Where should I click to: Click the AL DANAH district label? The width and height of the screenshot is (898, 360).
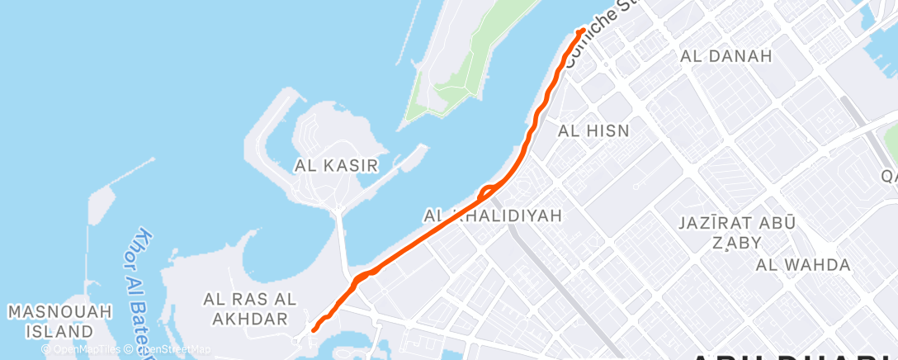pyautogui.click(x=725, y=56)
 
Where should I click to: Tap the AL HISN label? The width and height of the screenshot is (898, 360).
pyautogui.click(x=593, y=130)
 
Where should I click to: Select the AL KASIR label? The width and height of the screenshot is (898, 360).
pyautogui.click(x=336, y=166)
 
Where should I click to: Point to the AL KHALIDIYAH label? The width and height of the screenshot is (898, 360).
pyautogui.click(x=493, y=216)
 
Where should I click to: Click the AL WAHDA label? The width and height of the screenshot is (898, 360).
pyautogui.click(x=803, y=265)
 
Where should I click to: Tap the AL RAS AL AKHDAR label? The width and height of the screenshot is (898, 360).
pyautogui.click(x=245, y=307)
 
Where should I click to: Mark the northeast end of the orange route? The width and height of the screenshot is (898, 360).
pyautogui.click(x=582, y=31)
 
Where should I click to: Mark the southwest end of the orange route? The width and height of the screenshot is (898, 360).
pyautogui.click(x=314, y=330)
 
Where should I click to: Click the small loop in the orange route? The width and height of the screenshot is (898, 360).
pyautogui.click(x=486, y=190)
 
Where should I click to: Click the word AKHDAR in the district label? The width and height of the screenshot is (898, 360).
pyautogui.click(x=245, y=318)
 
